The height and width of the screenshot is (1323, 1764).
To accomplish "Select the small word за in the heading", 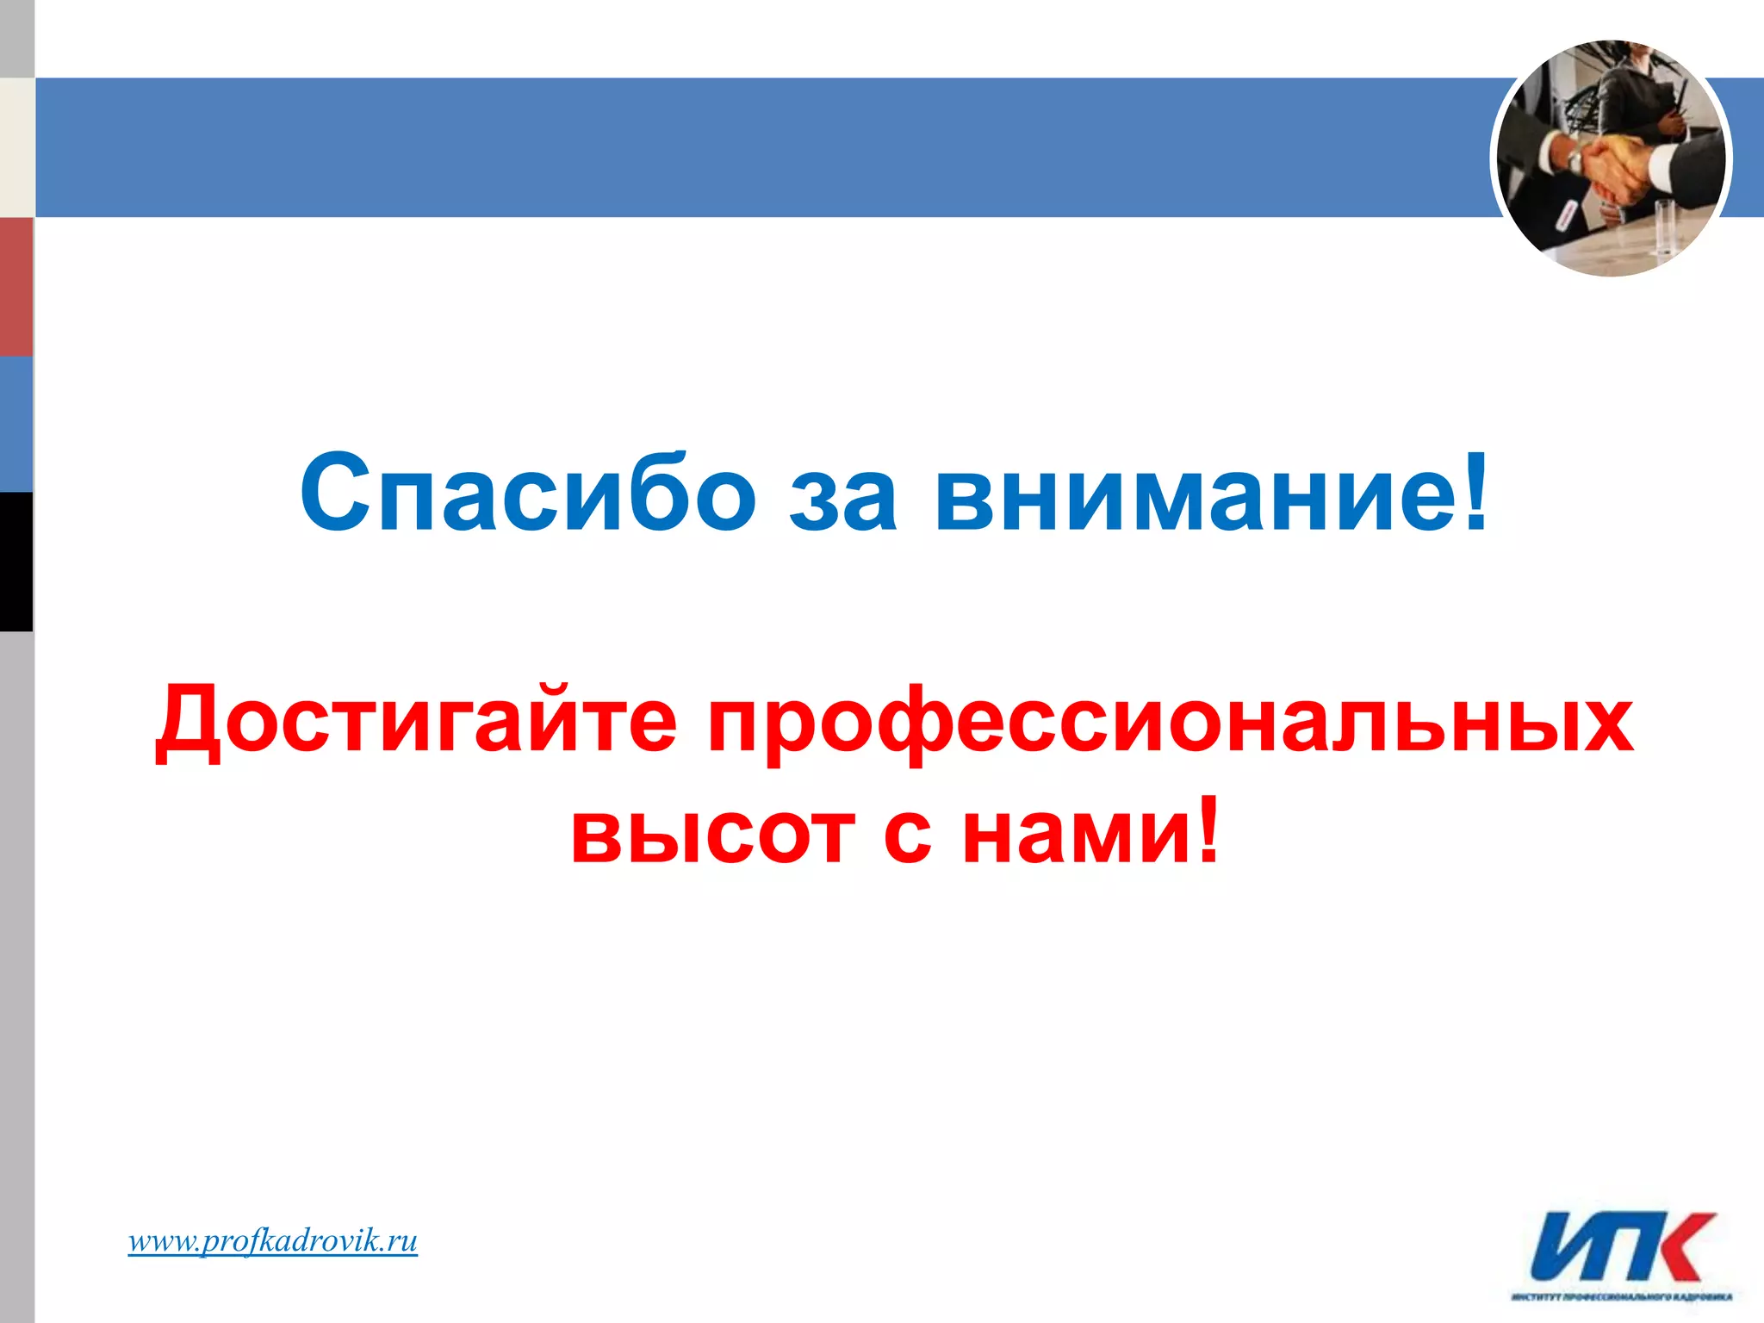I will (x=844, y=500).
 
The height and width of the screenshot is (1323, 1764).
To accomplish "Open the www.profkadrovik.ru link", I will (x=273, y=1241).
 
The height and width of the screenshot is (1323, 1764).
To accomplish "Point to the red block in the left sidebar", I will (x=16, y=286).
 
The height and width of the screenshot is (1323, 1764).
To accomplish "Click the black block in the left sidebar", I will (x=16, y=561).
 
